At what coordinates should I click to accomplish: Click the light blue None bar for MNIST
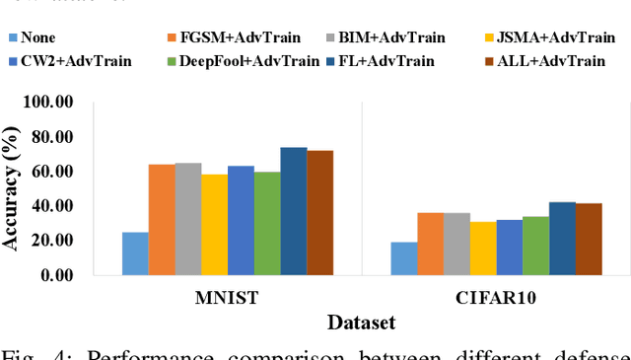(x=135, y=253)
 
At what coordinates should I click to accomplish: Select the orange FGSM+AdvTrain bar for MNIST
(x=162, y=220)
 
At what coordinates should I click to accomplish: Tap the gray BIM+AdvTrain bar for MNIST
(x=188, y=219)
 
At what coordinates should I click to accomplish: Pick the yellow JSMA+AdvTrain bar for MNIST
(x=214, y=225)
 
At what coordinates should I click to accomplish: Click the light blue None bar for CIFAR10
(x=403, y=258)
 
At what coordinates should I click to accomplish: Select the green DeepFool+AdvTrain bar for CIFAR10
(x=535, y=246)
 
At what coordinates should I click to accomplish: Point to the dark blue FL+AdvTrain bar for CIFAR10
(x=562, y=239)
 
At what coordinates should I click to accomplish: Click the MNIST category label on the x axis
(x=228, y=297)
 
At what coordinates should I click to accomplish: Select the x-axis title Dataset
(x=361, y=322)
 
